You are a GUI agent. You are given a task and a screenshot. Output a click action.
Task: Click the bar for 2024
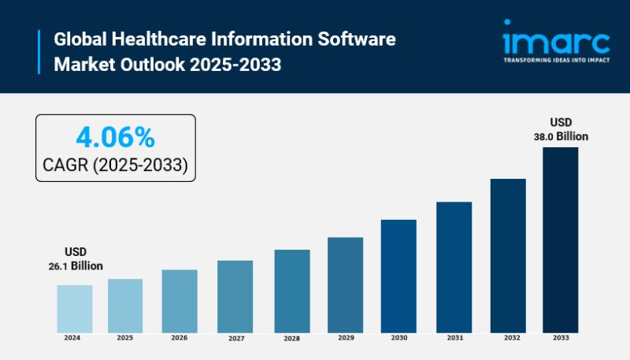75,308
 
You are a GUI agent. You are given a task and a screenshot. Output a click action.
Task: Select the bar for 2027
235,296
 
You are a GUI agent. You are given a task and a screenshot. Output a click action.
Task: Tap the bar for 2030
398,276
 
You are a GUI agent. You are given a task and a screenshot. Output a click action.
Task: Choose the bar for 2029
345,284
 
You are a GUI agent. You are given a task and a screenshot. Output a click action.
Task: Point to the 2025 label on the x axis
125,338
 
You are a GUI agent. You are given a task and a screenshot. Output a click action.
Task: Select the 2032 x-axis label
507,338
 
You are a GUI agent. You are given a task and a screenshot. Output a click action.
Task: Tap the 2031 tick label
454,338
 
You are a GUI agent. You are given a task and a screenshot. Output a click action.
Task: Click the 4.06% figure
115,138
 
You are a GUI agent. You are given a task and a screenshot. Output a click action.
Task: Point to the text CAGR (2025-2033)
115,165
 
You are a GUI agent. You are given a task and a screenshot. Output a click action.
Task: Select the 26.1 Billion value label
76,266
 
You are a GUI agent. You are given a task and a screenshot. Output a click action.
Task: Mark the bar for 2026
180,301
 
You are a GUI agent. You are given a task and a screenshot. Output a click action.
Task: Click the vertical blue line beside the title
39,51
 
